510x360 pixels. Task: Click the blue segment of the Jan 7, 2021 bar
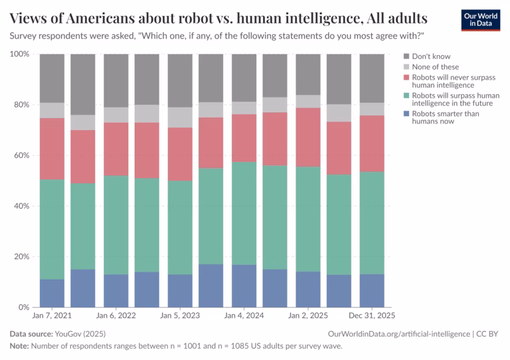52,293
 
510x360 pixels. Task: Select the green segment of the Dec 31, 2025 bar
372,223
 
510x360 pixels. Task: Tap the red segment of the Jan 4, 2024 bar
244,138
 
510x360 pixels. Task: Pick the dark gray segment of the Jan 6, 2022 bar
116,80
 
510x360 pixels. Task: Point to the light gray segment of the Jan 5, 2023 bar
180,118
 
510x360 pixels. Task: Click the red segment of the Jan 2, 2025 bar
308,137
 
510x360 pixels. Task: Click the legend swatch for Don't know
406,56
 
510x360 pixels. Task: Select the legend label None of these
435,67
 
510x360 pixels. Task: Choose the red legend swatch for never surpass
406,78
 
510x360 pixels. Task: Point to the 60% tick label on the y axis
21,155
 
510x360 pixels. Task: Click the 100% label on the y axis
19,54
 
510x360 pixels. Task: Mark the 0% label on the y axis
24,308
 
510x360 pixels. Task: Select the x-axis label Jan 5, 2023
180,315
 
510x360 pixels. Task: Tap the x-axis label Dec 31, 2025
372,315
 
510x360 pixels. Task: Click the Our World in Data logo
481,20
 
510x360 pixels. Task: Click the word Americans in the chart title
100,18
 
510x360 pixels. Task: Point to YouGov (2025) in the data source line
80,334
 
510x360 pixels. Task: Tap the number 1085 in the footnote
239,346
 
